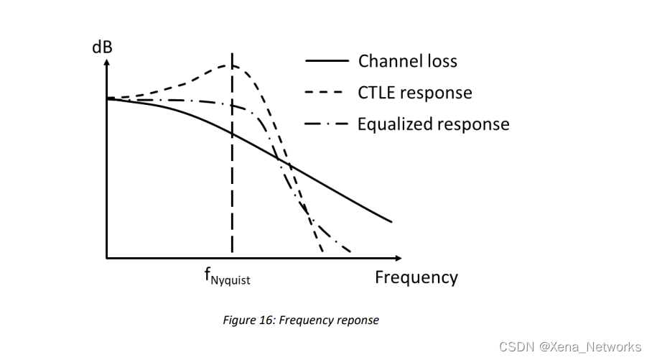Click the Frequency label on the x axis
(x=416, y=277)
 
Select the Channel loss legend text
(x=407, y=61)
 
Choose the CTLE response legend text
(x=414, y=93)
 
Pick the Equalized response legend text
(x=433, y=124)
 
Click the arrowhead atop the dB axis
(x=106, y=63)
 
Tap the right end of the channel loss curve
(x=392, y=221)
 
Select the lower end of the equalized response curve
(x=350, y=253)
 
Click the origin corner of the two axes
(x=106, y=257)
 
